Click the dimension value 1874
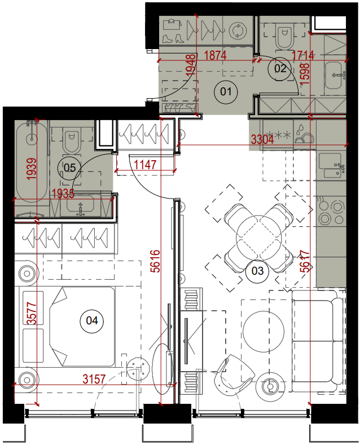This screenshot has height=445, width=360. coord(215,55)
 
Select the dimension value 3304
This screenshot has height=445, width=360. coord(262,139)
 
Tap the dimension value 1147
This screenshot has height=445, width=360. coord(145,165)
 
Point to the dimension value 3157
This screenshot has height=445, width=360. coord(94,379)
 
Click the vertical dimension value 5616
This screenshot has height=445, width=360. coord(156,261)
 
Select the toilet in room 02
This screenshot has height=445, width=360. coord(284,38)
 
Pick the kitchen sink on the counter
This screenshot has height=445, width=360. coord(332,166)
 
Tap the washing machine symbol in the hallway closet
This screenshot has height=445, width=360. coord(238,30)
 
